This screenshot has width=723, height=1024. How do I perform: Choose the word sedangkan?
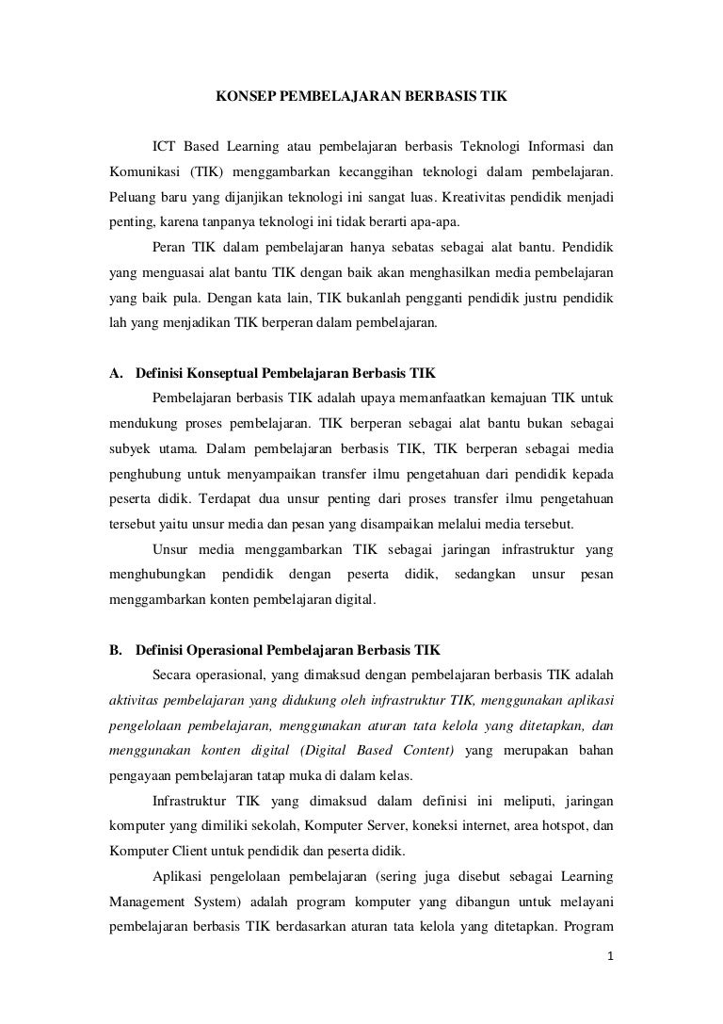coord(485,573)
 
